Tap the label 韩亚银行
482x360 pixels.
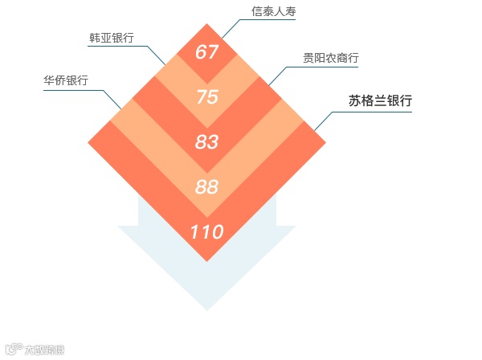[x=111, y=38]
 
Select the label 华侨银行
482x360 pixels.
[x=66, y=80]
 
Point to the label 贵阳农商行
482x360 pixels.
[x=330, y=58]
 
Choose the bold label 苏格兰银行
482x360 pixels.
[x=380, y=101]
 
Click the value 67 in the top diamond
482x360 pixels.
[x=207, y=52]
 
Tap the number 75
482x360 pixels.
[x=207, y=97]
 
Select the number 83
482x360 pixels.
[x=207, y=142]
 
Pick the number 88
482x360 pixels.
[x=207, y=187]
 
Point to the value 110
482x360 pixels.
[x=207, y=232]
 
